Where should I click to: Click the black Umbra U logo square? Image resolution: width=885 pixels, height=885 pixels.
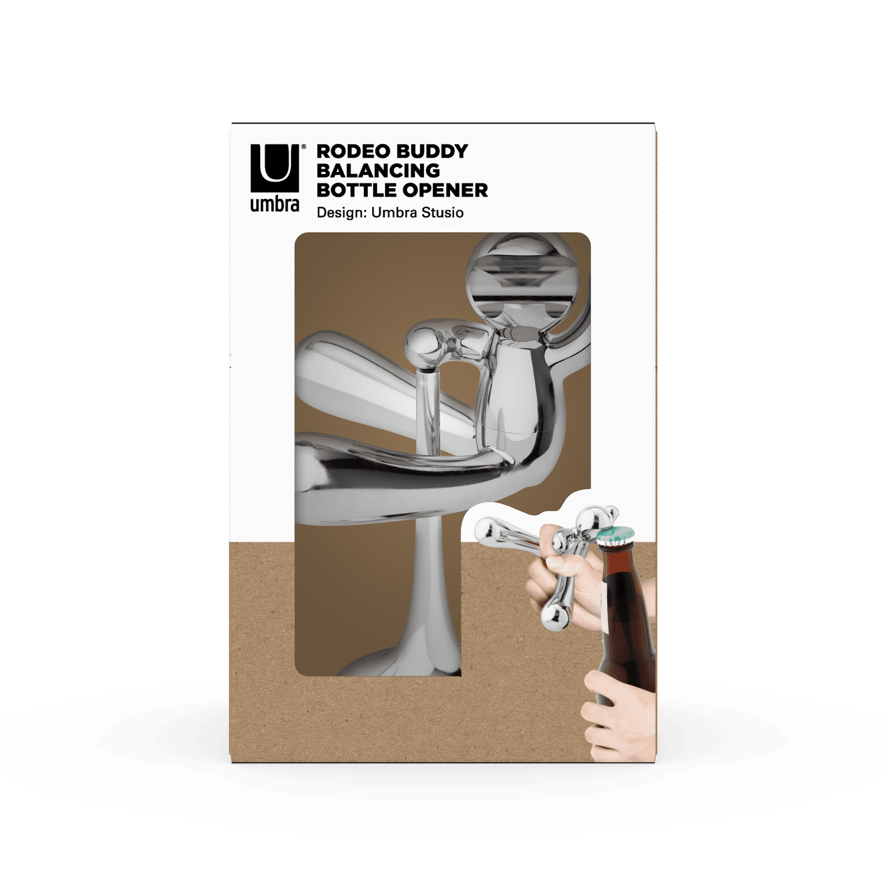click(x=274, y=168)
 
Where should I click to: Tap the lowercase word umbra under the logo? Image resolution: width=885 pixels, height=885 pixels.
click(x=274, y=204)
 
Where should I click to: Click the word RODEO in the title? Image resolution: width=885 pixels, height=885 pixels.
click(x=352, y=151)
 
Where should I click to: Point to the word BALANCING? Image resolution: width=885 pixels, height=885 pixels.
click(x=378, y=171)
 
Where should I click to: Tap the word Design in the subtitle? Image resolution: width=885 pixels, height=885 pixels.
click(x=342, y=213)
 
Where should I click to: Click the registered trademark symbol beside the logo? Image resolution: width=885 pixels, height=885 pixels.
click(x=303, y=146)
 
